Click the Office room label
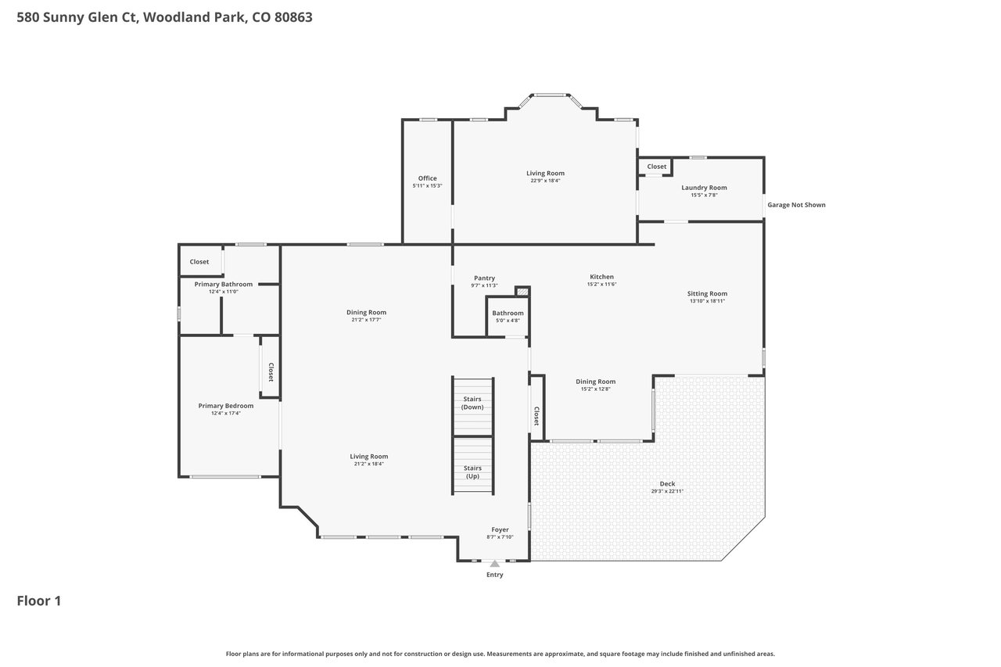click(x=427, y=178)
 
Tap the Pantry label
click(x=484, y=278)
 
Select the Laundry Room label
click(x=704, y=188)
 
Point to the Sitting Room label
click(x=707, y=293)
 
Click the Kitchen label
click(x=601, y=277)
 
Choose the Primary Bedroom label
click(x=226, y=406)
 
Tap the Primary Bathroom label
click(x=224, y=284)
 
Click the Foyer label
click(x=500, y=529)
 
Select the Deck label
click(x=667, y=483)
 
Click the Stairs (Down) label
click(x=472, y=403)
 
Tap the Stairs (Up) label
click(x=472, y=472)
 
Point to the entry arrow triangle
click(x=495, y=563)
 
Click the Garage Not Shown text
click(x=796, y=205)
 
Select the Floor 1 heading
click(x=39, y=601)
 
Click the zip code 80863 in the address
click(x=293, y=17)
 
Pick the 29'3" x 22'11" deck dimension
click(x=667, y=491)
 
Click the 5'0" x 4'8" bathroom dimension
click(x=508, y=321)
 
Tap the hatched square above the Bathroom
click(x=522, y=292)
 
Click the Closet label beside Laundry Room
click(x=656, y=167)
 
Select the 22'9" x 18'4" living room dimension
click(x=545, y=181)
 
